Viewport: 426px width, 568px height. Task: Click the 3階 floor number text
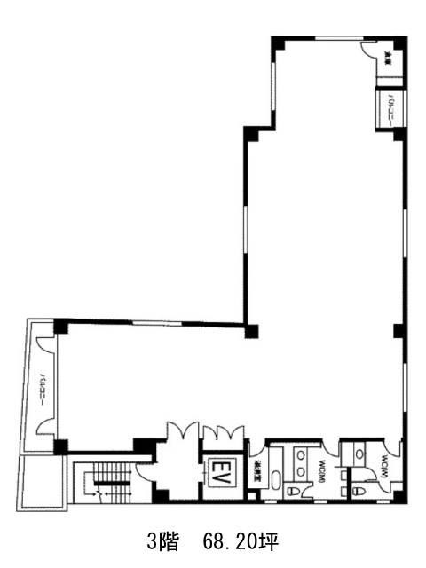point(162,540)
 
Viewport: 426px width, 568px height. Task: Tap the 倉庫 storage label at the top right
point(389,59)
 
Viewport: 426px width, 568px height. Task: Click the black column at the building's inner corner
point(251,331)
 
